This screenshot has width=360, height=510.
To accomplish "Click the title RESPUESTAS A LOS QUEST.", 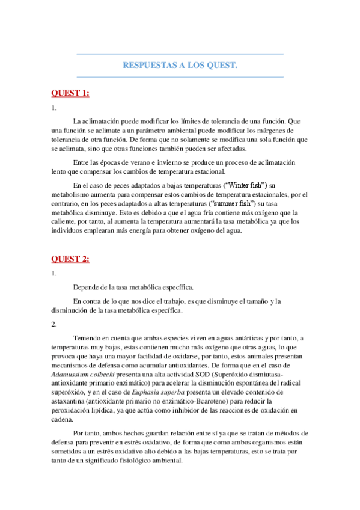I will [x=180, y=65].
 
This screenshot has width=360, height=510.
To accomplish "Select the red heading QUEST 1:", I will [x=70, y=93].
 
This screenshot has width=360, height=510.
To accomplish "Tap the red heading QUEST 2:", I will [x=70, y=259].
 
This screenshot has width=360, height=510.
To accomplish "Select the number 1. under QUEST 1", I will [x=54, y=108].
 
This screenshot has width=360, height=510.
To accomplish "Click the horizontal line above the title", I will [x=180, y=54].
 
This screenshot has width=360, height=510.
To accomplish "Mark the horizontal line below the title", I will [x=180, y=77].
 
